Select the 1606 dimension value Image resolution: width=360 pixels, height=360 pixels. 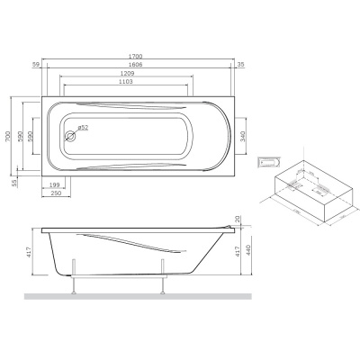pyautogui.click(x=135, y=66)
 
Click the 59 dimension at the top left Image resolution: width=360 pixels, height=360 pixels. pyautogui.click(x=37, y=66)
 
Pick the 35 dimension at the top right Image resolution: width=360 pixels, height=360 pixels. pyautogui.click(x=240, y=66)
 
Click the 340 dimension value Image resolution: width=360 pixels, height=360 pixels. pyautogui.click(x=259, y=137)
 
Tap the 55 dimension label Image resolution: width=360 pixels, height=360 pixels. pyautogui.click(x=13, y=183)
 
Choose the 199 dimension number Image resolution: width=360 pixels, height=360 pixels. pyautogui.click(x=56, y=184)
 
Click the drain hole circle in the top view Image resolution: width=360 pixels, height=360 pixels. pyautogui.click(x=68, y=139)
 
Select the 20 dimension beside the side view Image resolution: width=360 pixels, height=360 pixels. pyautogui.click(x=238, y=219)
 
